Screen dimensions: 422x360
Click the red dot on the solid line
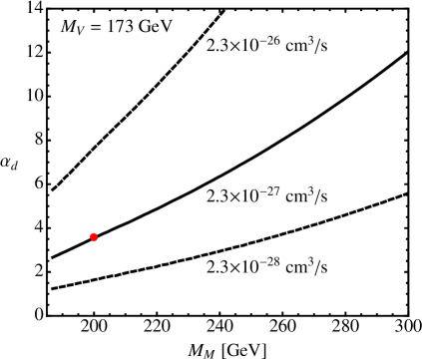pyautogui.click(x=94, y=236)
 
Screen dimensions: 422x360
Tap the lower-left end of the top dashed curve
pyautogui.click(x=52, y=189)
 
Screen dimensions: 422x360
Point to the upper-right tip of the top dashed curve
pyautogui.click(x=224, y=11)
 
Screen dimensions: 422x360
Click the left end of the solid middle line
pyautogui.click(x=51, y=258)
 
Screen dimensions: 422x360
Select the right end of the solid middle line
pyautogui.click(x=251, y=157)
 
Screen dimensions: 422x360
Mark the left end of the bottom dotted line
pyautogui.click(x=51, y=288)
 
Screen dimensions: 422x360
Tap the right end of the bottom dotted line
pyautogui.click(x=252, y=243)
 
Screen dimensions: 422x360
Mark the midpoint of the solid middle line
pyautogui.click(x=152, y=206)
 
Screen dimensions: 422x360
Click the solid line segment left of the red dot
pyautogui.click(x=72, y=247)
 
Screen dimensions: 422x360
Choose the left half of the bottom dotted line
pyautogui.click(x=100, y=278)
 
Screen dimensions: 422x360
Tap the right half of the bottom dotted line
pyautogui.click(x=205, y=254)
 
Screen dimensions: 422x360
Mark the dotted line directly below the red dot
pyautogui.click(x=94, y=279)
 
